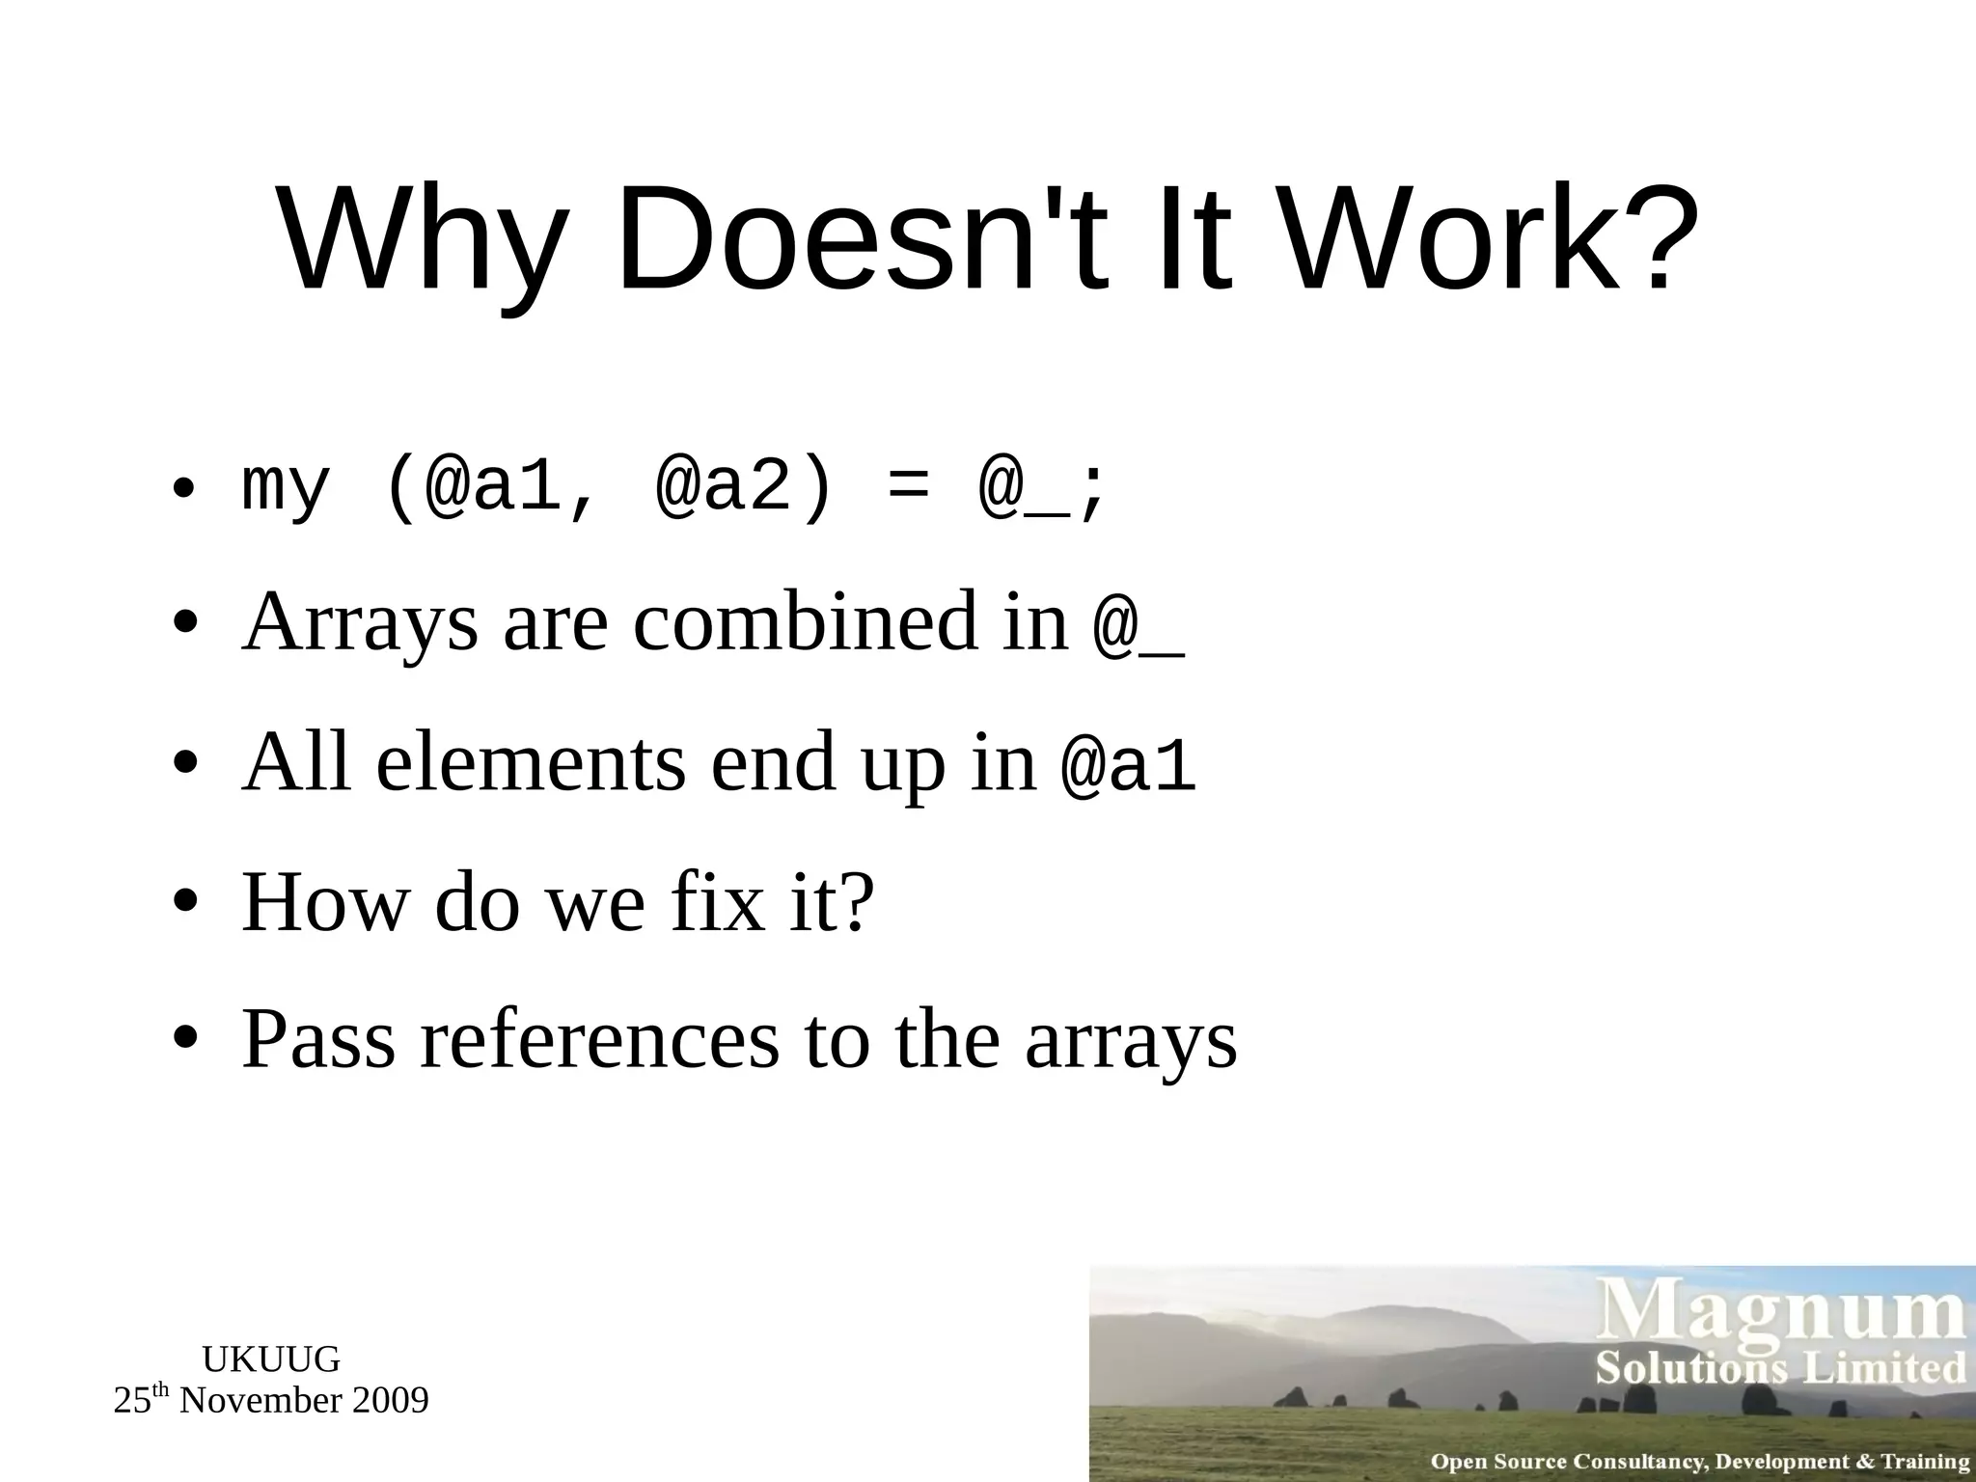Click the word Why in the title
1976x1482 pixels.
[x=421, y=241]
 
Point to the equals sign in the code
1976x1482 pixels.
[x=907, y=490]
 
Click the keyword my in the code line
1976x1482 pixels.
[x=286, y=490]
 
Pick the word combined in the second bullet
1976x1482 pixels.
[x=806, y=622]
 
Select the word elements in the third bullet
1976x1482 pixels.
[x=532, y=762]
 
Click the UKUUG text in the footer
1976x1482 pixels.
[x=271, y=1359]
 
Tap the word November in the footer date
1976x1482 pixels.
[x=260, y=1400]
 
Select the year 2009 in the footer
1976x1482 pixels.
[x=390, y=1400]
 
